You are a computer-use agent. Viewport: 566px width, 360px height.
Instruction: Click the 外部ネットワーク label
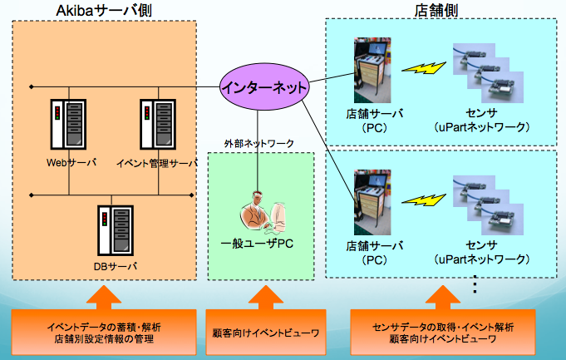pos(259,143)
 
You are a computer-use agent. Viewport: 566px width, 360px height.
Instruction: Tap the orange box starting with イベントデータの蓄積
pos(103,331)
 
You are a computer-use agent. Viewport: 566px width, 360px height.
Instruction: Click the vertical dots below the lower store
pos(475,285)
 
